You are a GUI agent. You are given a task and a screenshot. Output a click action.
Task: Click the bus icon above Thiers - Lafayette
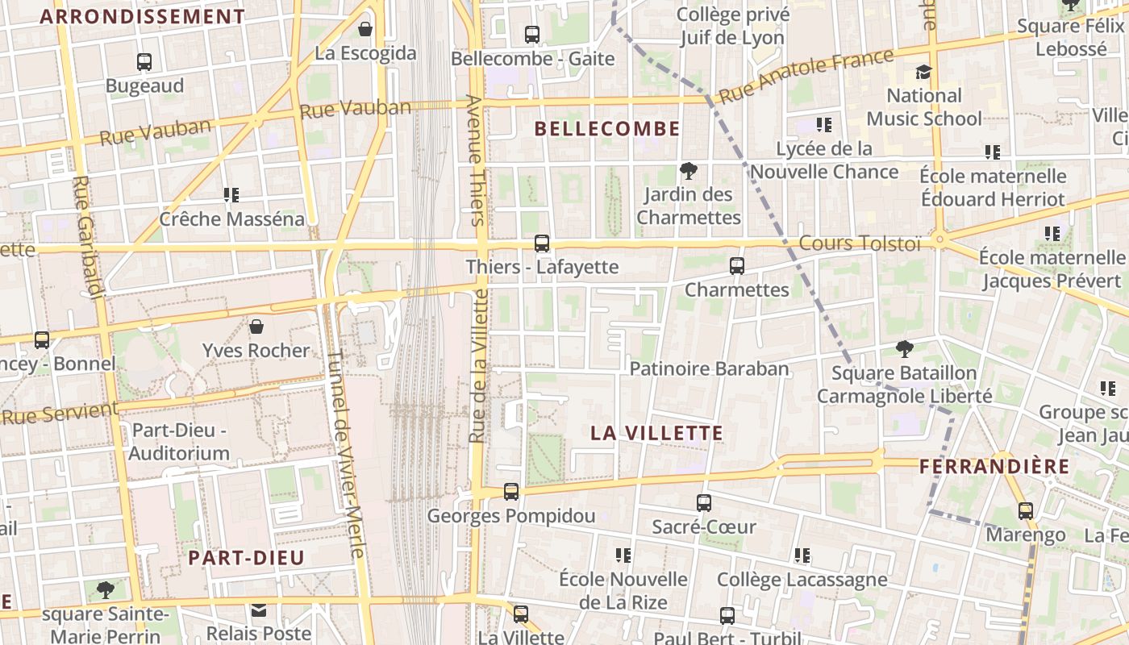coord(542,243)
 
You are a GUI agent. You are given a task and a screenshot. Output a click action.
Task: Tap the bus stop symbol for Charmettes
coord(736,265)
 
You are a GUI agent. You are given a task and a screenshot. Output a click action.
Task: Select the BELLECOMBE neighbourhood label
coord(607,129)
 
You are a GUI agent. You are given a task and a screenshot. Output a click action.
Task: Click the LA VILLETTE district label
coord(656,433)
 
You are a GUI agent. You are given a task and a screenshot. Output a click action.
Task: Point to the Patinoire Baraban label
coord(709,369)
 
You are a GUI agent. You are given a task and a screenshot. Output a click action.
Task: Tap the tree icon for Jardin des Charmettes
coord(688,171)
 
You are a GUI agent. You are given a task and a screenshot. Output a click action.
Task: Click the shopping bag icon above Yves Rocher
coord(256,327)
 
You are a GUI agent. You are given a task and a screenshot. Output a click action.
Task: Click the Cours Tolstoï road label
coord(859,243)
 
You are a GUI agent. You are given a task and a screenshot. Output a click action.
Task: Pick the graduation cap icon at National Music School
coord(923,72)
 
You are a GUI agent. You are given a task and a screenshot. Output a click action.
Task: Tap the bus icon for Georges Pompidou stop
coord(511,491)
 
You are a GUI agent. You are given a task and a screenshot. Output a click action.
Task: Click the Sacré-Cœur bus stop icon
coord(704,503)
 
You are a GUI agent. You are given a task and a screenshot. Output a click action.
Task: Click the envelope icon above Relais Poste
coord(259,610)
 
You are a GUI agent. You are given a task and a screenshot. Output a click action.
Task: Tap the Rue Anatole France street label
coord(806,77)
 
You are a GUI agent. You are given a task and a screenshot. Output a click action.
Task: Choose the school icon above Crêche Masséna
coord(232,194)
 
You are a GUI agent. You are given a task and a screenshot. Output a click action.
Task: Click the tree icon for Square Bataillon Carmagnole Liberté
coord(905,349)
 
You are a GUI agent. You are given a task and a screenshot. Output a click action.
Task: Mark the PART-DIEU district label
coord(246,558)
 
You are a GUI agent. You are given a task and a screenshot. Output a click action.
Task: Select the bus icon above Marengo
coord(1026,511)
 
